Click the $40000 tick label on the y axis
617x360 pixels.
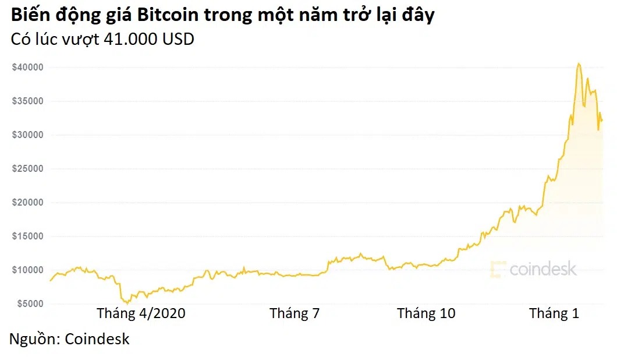(27, 68)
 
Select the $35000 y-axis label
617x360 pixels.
(27, 101)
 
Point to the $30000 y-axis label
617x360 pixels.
(27, 135)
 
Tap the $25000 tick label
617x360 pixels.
(27, 169)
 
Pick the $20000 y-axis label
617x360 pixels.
(27, 203)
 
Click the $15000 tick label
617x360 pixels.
(27, 237)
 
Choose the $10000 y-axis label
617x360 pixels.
(27, 270)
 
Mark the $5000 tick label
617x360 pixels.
(30, 304)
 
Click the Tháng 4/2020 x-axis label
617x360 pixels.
(141, 313)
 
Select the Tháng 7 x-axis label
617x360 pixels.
(295, 313)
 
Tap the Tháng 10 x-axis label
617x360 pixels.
(426, 313)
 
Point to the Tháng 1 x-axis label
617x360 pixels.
(554, 313)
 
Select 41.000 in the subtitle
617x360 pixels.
(131, 39)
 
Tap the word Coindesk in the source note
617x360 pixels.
(97, 339)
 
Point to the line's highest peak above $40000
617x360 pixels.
(578, 63)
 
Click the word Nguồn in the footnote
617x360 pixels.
(33, 339)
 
